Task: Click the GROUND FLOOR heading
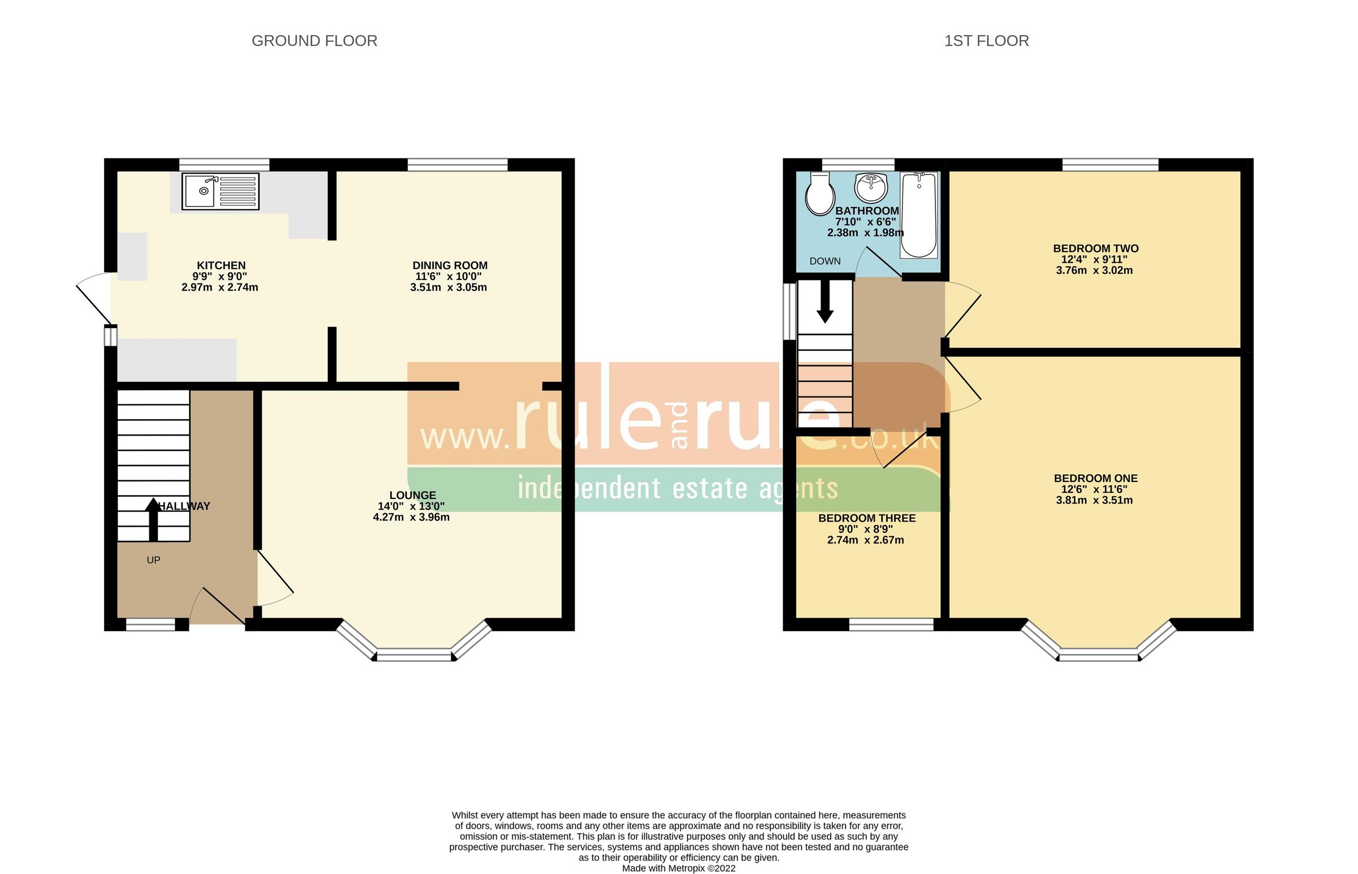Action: pos(315,41)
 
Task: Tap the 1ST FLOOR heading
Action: pos(986,41)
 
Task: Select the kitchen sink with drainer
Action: pos(220,191)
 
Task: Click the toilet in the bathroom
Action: pos(820,193)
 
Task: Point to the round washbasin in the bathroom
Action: pos(870,187)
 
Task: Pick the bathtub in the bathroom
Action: pos(919,215)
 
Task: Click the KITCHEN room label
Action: pos(221,266)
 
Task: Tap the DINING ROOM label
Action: pos(450,266)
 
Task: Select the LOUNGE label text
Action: pos(412,496)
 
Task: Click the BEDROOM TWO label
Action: pos(1096,248)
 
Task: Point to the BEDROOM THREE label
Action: pos(866,518)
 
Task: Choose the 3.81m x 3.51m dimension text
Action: pos(1094,501)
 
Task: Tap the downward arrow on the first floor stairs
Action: pos(824,302)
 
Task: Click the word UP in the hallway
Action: pos(153,560)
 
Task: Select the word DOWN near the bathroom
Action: pos(825,261)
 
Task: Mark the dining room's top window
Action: pos(457,165)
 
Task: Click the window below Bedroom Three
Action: pos(891,625)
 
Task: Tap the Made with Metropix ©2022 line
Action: pos(678,868)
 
